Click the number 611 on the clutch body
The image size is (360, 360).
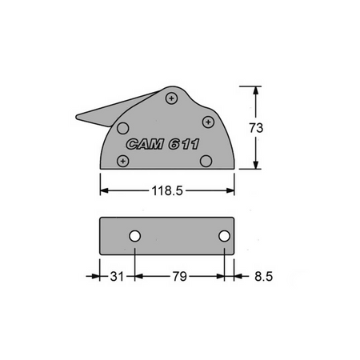click(x=183, y=145)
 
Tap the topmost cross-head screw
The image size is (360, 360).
click(x=172, y=98)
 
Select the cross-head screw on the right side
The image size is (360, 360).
click(x=208, y=122)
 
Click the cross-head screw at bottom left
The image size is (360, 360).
click(x=122, y=162)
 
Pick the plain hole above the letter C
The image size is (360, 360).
click(x=123, y=127)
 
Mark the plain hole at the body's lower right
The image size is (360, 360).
click(x=206, y=161)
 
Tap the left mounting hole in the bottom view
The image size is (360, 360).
click(x=135, y=236)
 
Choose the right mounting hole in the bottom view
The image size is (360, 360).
click(x=225, y=236)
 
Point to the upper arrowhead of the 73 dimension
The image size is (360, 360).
click(x=256, y=90)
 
